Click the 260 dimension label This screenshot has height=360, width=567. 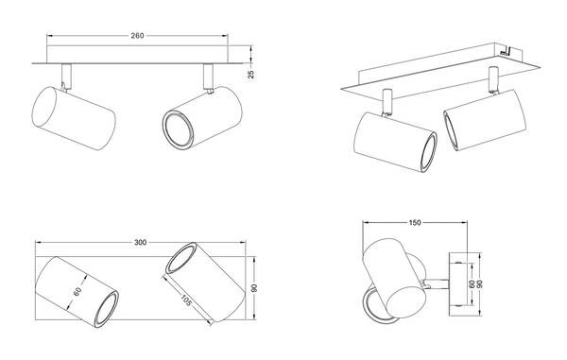[137, 35]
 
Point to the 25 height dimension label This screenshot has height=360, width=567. [251, 74]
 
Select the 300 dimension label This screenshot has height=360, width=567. [140, 242]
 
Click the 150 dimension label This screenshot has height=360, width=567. [415, 223]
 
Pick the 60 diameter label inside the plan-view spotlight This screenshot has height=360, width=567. [77, 291]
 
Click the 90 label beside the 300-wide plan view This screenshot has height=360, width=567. [254, 288]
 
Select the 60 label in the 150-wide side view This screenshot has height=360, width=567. [472, 283]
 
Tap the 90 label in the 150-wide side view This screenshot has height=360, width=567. [480, 283]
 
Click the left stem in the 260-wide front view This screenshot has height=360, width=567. [66, 76]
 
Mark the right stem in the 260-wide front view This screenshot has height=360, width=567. [208, 77]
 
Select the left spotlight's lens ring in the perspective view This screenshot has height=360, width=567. [429, 152]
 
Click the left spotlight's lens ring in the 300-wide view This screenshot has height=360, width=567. [107, 308]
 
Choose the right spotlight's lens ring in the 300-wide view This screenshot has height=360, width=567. [181, 258]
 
